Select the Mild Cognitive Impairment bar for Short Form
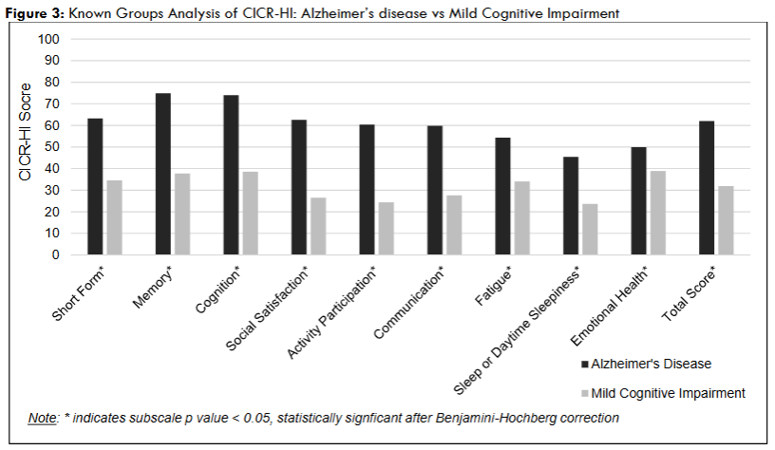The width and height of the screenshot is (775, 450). [x=114, y=217]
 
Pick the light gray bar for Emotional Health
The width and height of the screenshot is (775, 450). [x=658, y=213]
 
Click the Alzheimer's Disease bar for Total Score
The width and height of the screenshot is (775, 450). [x=707, y=187]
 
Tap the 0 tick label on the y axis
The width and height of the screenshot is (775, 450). [x=56, y=254]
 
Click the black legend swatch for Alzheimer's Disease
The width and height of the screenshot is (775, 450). [x=583, y=364]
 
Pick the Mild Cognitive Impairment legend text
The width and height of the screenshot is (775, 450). [x=668, y=392]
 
